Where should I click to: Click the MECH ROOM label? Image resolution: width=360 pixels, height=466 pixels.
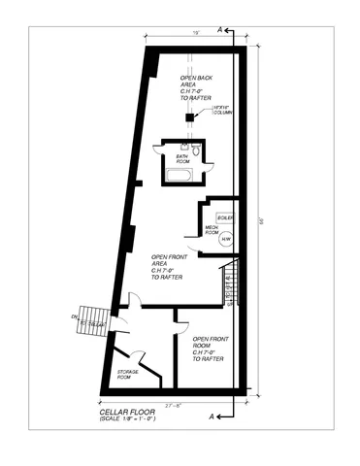coord(211,231)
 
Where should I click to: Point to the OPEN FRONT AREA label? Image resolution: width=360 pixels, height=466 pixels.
coord(169,268)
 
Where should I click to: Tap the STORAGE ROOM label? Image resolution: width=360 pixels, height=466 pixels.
coord(128,376)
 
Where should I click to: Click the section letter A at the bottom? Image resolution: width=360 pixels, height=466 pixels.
coord(212,416)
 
